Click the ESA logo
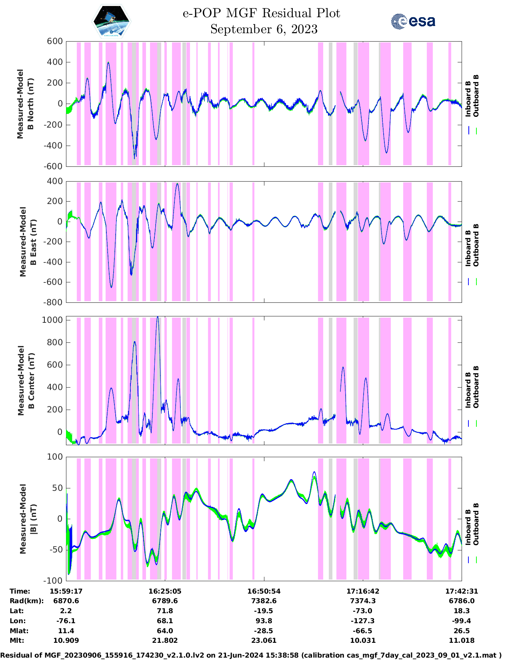[x=413, y=21]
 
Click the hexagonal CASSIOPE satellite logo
[x=112, y=21]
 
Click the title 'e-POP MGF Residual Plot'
[x=261, y=13]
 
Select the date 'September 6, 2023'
[x=264, y=29]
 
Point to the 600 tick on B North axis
[x=55, y=41]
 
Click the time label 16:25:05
[x=165, y=591]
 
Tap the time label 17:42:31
[x=462, y=591]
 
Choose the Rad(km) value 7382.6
[x=264, y=601]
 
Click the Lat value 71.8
[x=165, y=611]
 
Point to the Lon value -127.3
[x=363, y=621]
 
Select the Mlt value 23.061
[x=264, y=640]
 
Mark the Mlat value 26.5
[x=462, y=631]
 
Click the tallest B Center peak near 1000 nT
[x=158, y=318]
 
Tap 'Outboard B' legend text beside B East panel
[x=476, y=245]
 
